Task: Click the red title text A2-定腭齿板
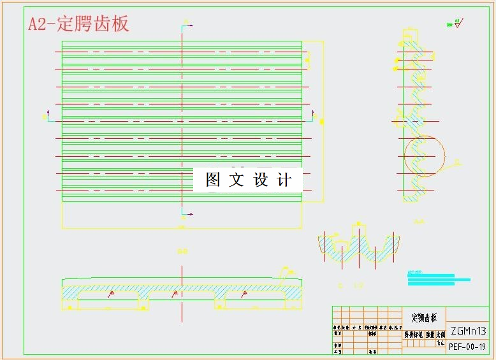(x=78, y=24)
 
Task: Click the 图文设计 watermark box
(x=248, y=180)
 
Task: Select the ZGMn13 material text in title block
(x=468, y=331)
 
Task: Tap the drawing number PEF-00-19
(x=467, y=347)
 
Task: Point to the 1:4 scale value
(x=440, y=343)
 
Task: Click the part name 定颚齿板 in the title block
(x=424, y=317)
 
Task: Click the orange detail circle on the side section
(x=425, y=156)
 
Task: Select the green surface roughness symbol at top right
(x=455, y=24)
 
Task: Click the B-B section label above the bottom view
(x=182, y=252)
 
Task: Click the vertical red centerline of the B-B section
(x=182, y=293)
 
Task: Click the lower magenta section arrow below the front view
(x=186, y=213)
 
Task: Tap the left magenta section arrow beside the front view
(x=46, y=115)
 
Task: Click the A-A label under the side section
(x=419, y=222)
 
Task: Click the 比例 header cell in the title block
(x=440, y=334)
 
